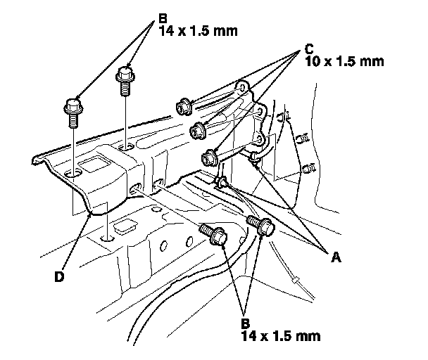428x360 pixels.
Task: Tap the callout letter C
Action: [309, 50]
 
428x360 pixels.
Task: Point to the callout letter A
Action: [336, 257]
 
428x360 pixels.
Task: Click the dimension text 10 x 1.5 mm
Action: [344, 62]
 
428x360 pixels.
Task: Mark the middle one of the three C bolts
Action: [198, 129]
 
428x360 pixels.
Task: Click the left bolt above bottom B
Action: [213, 233]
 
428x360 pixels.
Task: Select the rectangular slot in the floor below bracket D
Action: [125, 226]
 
